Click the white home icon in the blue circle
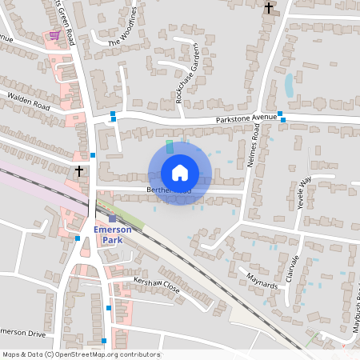pyautogui.click(x=180, y=172)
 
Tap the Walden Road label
pyautogui.click(x=28, y=101)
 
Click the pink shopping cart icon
pyautogui.click(x=54, y=35)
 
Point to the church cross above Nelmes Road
pyautogui.click(x=269, y=8)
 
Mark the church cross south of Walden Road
pyautogui.click(x=79, y=171)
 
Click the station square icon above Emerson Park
pyautogui.click(x=112, y=218)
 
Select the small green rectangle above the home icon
pyautogui.click(x=169, y=147)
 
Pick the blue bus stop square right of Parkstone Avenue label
pyautogui.click(x=281, y=114)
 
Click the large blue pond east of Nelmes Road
pyautogui.click(x=289, y=86)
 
